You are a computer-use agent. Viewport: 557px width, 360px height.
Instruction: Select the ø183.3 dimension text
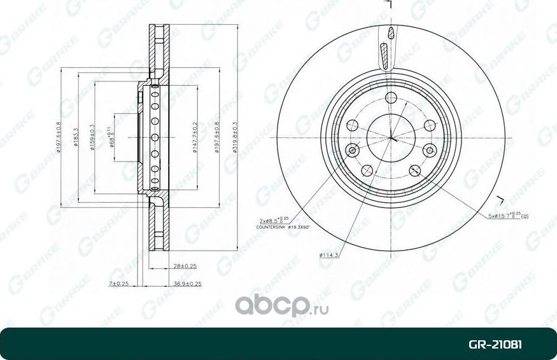76,137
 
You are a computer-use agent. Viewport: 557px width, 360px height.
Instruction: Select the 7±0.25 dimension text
119,284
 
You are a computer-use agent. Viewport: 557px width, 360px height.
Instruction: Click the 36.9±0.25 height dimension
188,284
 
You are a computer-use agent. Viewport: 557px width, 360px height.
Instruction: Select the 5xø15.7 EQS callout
508,216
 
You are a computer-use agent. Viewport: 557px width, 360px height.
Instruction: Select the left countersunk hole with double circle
351,150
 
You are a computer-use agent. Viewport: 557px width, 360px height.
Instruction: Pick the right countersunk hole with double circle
430,150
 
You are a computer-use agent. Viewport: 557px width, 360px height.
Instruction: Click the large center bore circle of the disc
390,137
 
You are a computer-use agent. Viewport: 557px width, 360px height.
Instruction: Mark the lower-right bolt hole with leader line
415,170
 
